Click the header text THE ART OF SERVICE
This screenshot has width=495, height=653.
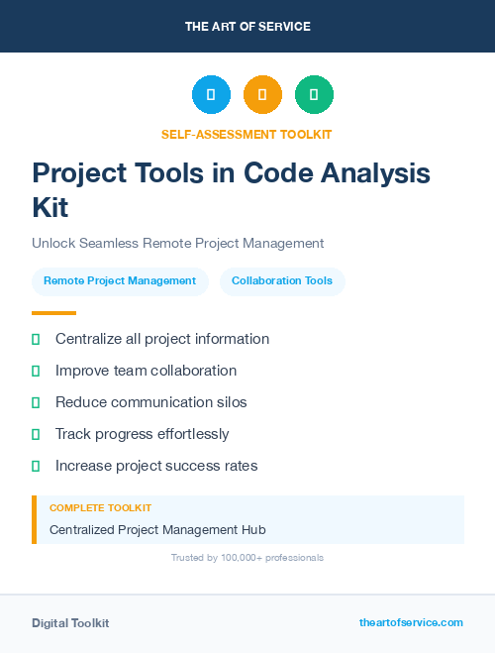247,27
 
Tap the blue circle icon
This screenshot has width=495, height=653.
211,95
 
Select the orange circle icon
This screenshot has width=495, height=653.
262,95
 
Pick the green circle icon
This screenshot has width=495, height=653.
314,95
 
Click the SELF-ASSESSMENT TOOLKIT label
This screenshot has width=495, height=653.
247,134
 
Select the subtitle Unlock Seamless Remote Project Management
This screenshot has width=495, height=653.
178,243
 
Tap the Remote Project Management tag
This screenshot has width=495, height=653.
120,280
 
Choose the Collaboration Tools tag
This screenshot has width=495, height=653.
282,280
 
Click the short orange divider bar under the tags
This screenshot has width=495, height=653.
53,313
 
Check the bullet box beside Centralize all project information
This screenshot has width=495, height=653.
36,339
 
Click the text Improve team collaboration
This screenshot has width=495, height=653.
146,371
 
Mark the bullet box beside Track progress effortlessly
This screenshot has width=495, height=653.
36,434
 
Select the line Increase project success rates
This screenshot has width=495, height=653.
156,466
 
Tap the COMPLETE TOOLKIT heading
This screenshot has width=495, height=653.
100,507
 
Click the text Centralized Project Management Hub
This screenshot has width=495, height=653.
157,530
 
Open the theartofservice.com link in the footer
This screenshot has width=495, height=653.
411,622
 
